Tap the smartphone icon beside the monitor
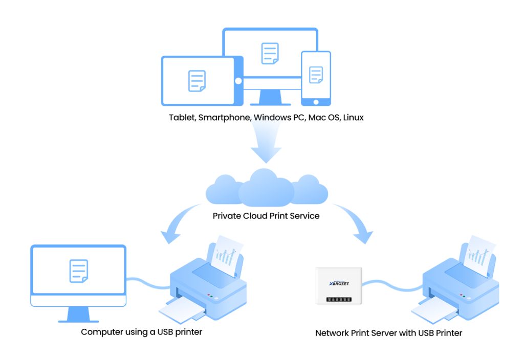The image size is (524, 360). pos(316,77)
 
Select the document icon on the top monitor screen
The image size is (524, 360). pos(270,53)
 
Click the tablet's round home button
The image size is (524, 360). pos(238,81)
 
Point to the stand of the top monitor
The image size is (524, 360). pos(270,95)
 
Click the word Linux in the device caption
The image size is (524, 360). pos(353,118)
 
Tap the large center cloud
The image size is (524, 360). pos(266,187)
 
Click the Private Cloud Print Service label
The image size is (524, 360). pos(266,216)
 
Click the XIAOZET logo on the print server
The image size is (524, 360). pos(339,283)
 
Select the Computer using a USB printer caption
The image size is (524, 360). pos(142,332)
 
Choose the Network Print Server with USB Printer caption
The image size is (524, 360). pos(389,333)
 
